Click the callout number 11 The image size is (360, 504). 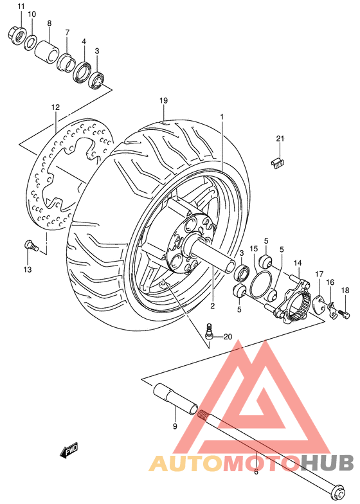pos(20,6)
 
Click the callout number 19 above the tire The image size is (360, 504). pos(163,100)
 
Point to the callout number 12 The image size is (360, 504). pos(55,107)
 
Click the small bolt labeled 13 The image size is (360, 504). pos(28,244)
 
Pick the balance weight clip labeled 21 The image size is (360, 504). pos(278,162)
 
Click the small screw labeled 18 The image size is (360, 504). pos(343,313)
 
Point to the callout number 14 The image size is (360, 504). pos(298,262)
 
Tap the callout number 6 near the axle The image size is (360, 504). pos(256,471)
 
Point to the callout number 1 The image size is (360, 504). pos(221,117)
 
